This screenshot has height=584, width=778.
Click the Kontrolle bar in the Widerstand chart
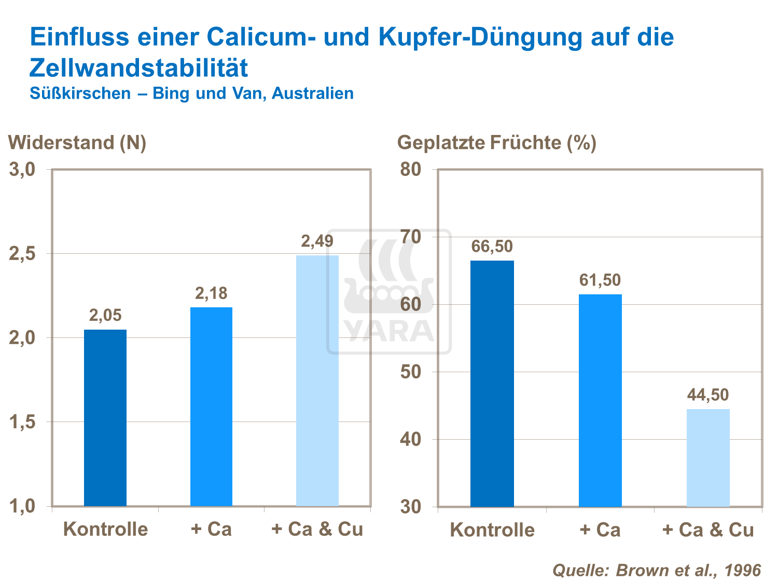[105, 417]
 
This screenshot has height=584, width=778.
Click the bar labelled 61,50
[600, 400]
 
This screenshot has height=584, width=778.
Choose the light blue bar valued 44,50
[708, 457]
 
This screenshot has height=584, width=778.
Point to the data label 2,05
[105, 315]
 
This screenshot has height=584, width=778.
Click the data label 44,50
[708, 395]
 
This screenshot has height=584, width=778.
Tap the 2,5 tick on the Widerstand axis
[22, 254]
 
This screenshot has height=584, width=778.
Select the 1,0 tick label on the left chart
[22, 506]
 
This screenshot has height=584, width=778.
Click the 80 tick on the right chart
[411, 170]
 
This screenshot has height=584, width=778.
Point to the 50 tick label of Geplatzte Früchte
[411, 372]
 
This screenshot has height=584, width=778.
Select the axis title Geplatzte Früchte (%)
[496, 143]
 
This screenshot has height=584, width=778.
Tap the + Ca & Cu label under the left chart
[317, 529]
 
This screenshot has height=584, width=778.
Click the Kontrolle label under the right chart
[492, 529]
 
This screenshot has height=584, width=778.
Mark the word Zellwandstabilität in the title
[139, 68]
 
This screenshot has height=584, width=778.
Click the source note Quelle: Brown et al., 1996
[657, 570]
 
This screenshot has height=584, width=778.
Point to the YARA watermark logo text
[389, 331]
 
